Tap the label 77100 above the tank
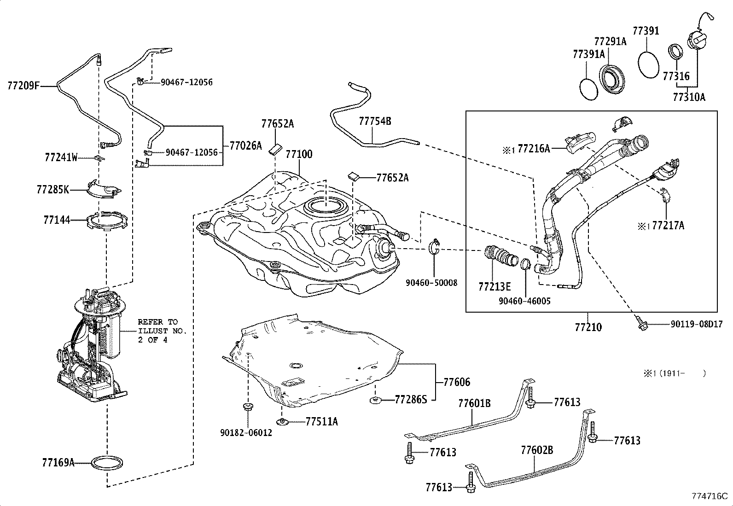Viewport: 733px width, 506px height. coord(299,154)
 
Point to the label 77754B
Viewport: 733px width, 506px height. coord(375,121)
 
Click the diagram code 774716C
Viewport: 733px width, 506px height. coord(710,496)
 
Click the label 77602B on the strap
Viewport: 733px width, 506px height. coord(537,449)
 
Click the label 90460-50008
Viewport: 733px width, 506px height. coord(431,282)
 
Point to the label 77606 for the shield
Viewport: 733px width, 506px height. coord(457,382)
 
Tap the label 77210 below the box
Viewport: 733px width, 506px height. coord(588,327)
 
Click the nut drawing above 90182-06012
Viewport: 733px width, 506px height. coord(248,406)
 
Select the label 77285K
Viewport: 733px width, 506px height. coord(53,189)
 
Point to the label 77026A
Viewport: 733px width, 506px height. coord(245,146)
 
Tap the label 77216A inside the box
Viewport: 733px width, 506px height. coord(534,148)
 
